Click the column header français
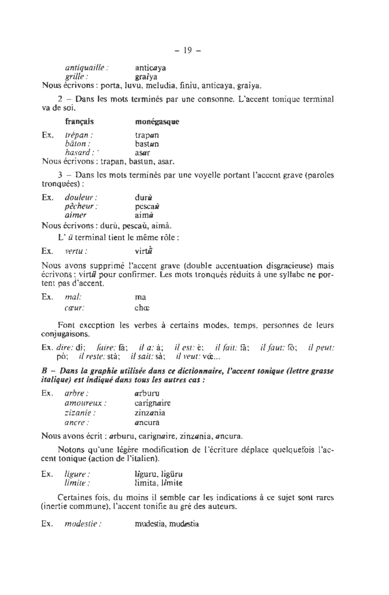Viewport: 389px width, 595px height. coord(79,122)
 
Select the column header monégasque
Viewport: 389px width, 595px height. coord(157,122)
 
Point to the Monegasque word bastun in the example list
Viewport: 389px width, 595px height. coord(147,144)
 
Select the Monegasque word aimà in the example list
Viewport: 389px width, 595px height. coord(144,215)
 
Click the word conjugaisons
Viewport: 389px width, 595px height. coord(66,334)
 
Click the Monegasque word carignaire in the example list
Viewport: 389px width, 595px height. coord(153,403)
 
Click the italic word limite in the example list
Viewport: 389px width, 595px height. coord(77,483)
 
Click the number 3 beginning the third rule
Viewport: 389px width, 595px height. coord(60,175)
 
